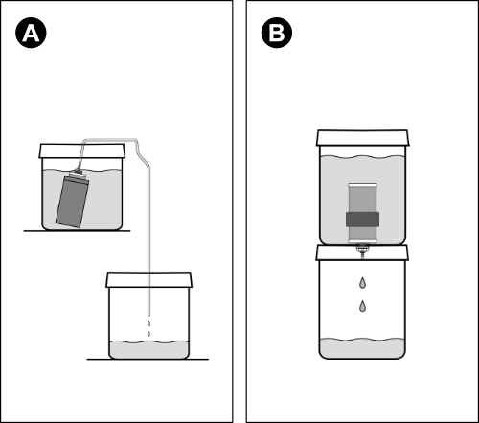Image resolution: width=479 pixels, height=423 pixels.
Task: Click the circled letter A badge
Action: pos(31,33)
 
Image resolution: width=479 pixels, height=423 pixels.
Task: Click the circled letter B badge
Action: pos(277,33)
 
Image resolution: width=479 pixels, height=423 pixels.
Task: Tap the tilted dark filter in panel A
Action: pos(72,201)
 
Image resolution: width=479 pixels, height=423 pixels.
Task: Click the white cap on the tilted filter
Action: pos(78,175)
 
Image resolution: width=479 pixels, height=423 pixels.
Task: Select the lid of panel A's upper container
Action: pos(82,151)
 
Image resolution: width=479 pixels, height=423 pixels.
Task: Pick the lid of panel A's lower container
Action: pos(149,280)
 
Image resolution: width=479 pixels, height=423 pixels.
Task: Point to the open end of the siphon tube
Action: pos(148,315)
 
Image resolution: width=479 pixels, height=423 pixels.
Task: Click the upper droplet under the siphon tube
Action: pos(148,324)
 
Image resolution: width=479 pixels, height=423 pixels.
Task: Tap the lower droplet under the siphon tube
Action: pos(148,334)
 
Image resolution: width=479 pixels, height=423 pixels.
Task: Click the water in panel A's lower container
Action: pos(149,350)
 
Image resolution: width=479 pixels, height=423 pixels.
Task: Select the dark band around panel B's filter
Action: pos(362,220)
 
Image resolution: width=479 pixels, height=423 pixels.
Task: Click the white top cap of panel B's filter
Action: pos(362,185)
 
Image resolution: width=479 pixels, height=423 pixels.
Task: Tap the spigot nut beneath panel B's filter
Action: pos(362,247)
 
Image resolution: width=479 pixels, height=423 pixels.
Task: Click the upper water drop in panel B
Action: pos(362,283)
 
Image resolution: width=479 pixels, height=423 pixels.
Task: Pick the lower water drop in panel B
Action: pos(362,306)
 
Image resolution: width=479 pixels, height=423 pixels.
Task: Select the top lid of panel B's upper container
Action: pos(362,138)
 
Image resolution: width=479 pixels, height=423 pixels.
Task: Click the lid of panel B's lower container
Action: pos(362,252)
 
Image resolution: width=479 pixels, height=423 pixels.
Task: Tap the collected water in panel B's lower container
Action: pos(362,348)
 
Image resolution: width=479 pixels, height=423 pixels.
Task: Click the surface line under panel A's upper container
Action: pos(77,231)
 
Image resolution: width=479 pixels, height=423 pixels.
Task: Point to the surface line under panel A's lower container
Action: pos(148,360)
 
